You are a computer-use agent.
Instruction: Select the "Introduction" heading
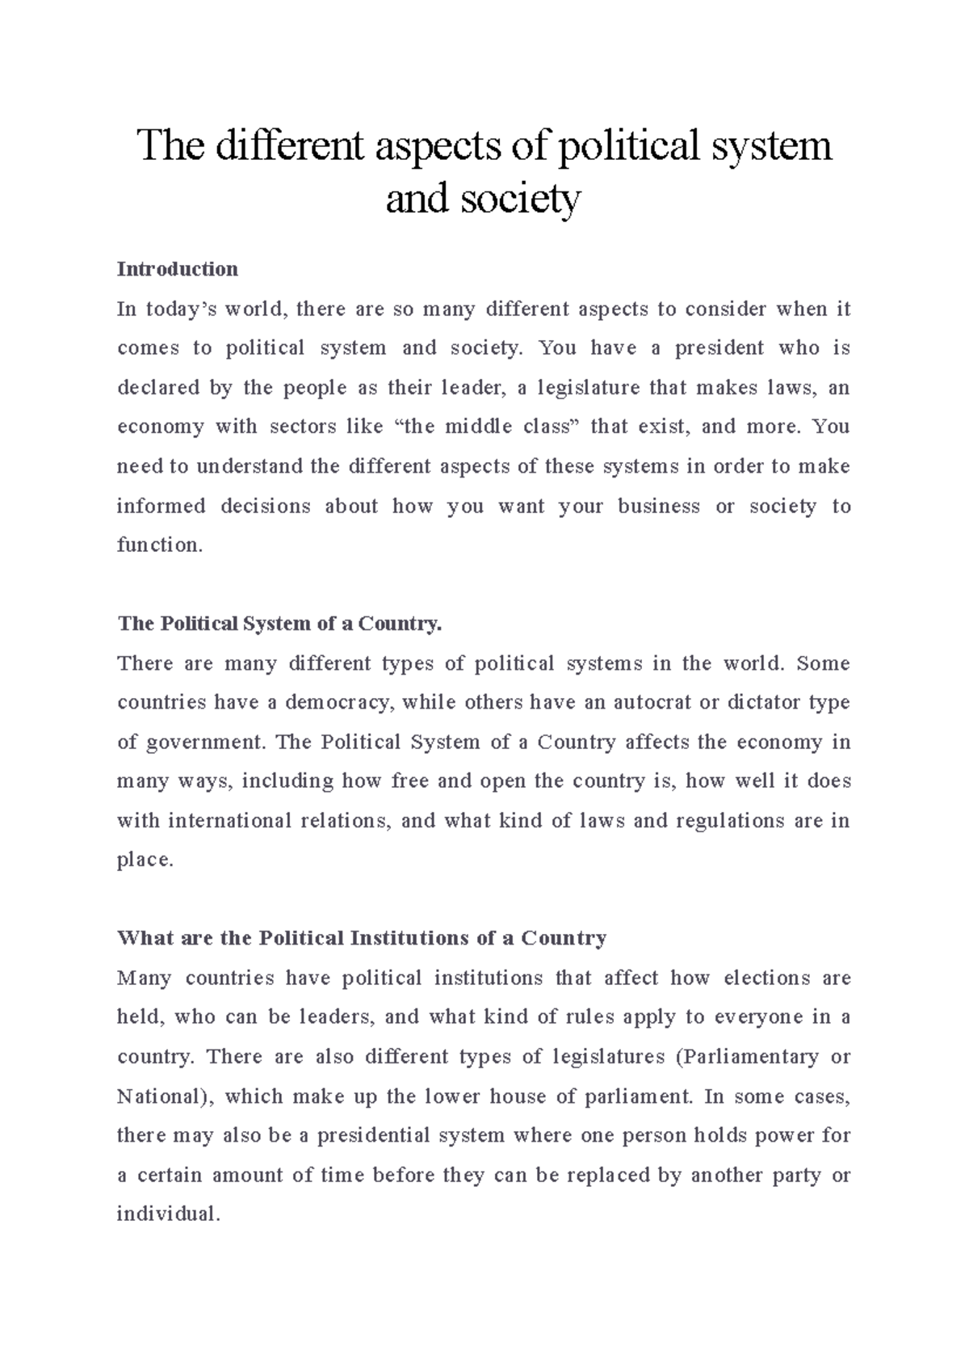(x=178, y=269)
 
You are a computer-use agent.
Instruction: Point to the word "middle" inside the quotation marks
(x=478, y=427)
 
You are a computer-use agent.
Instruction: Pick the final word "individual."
(x=168, y=1214)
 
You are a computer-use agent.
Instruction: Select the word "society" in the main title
(x=520, y=199)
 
